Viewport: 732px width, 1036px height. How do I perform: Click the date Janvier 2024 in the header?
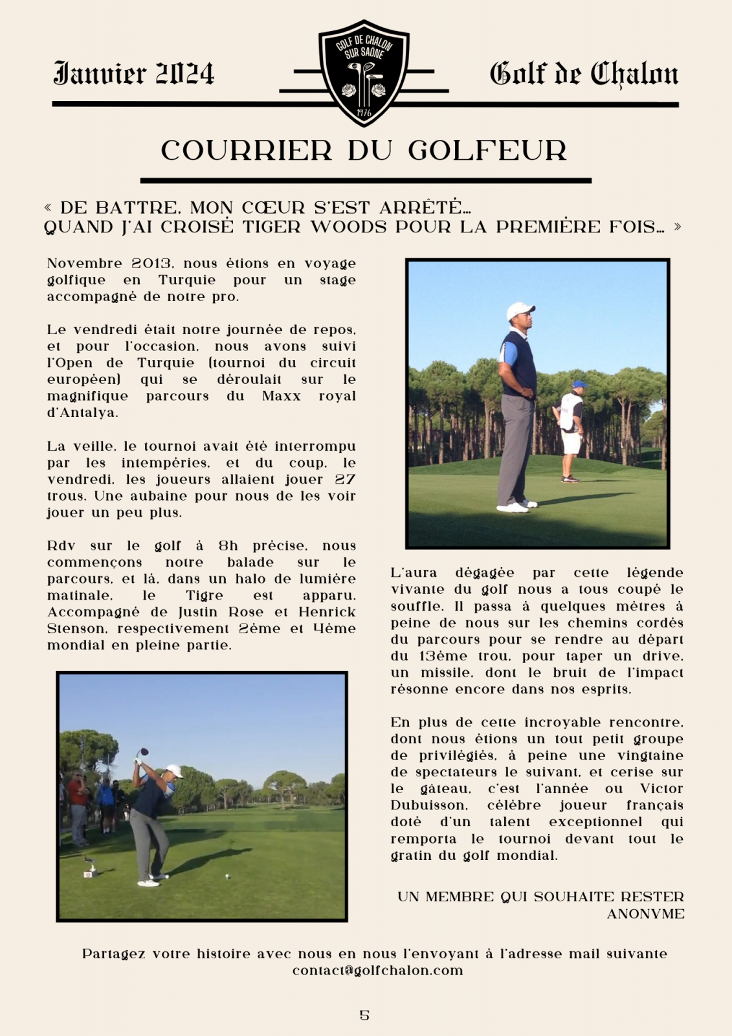134,74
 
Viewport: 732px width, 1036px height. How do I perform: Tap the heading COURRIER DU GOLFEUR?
364,151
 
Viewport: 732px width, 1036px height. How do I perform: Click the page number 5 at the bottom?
364,1015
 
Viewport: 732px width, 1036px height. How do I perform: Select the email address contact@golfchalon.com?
377,971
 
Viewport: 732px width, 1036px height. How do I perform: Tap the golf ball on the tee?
227,877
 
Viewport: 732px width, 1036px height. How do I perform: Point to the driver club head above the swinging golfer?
143,752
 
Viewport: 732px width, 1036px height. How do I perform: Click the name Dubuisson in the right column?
428,805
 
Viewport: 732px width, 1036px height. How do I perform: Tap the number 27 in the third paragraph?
345,480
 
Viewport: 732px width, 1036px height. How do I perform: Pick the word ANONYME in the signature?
645,914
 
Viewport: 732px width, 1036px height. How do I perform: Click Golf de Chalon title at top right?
584,74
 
